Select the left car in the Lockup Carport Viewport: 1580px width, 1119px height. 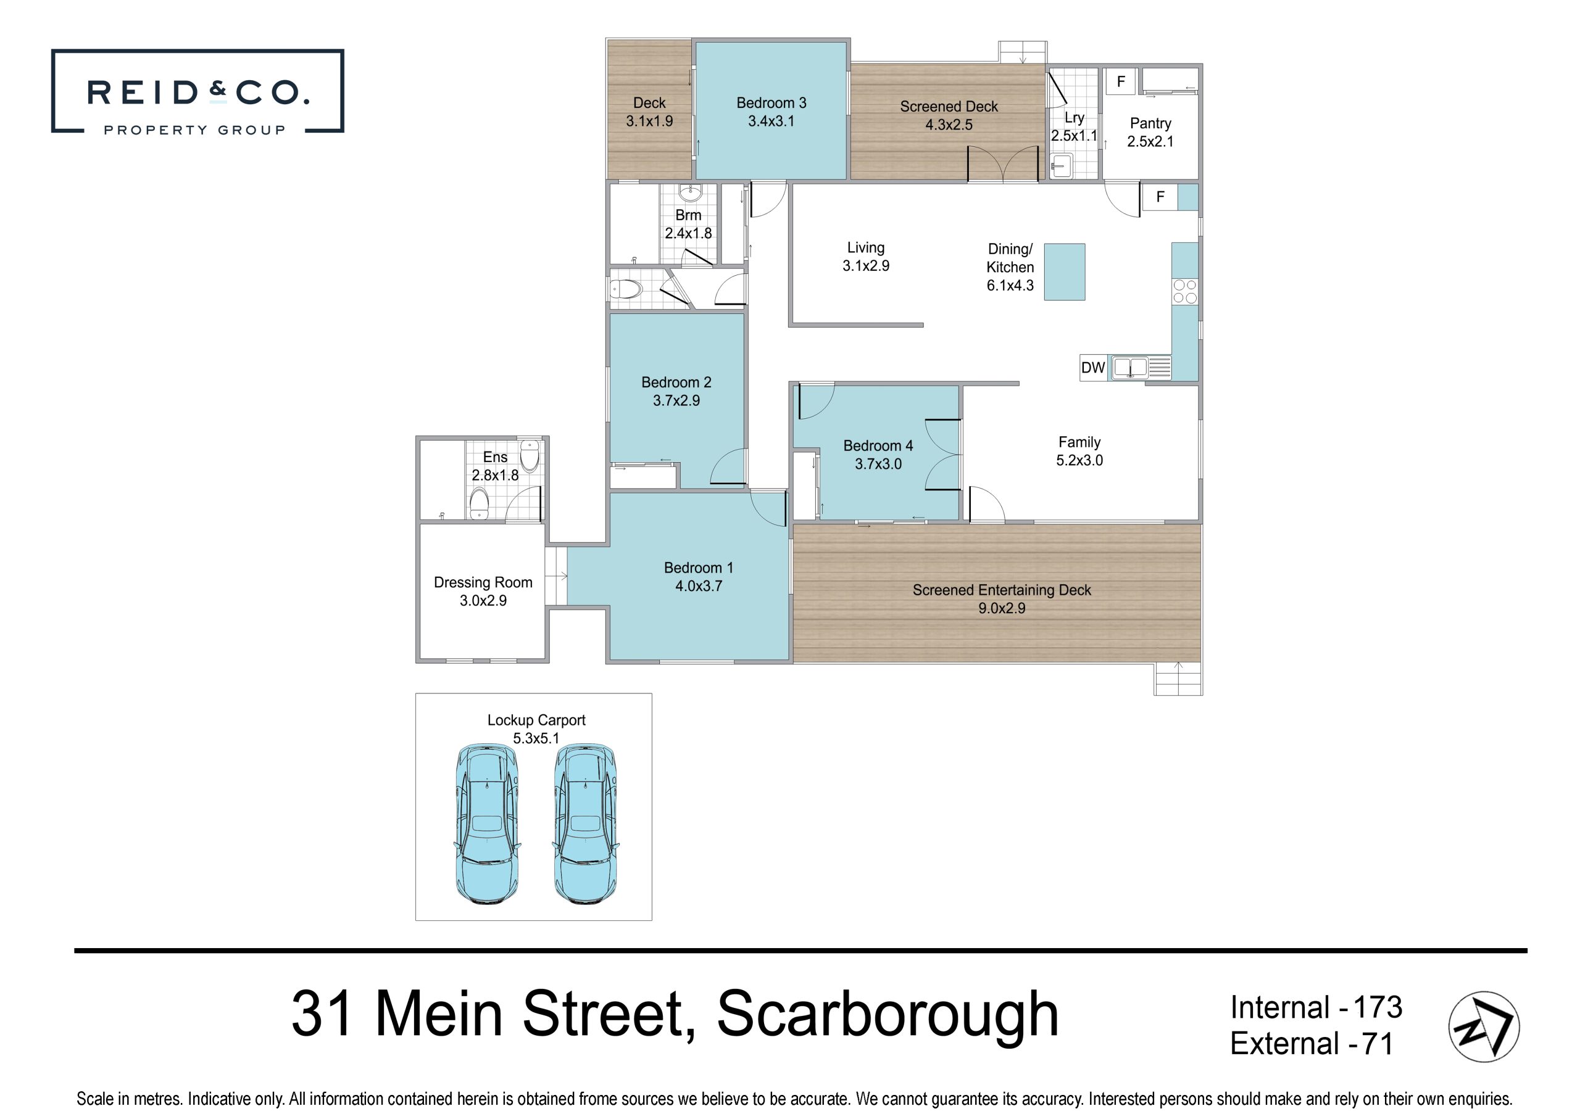487,824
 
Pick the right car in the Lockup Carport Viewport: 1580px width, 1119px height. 585,824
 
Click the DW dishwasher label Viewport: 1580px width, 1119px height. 1092,368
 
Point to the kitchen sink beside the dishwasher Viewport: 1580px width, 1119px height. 1130,367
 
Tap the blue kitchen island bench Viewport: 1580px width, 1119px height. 1065,271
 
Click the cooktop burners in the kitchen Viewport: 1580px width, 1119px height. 1185,291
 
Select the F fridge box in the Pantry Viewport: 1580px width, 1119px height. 1121,81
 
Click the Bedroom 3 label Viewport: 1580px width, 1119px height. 771,102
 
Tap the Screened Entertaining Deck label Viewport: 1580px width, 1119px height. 1002,590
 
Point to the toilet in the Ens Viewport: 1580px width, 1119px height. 478,505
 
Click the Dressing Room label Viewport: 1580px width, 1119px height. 483,582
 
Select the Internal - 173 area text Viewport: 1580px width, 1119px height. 1316,1007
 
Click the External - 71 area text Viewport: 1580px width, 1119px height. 1312,1043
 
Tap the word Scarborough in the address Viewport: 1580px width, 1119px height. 888,1014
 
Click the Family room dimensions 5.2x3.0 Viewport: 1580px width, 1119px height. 1079,460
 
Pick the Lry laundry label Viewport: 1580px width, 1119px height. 1074,118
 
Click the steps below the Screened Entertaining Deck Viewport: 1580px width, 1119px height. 1178,679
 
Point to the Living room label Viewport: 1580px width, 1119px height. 865,247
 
